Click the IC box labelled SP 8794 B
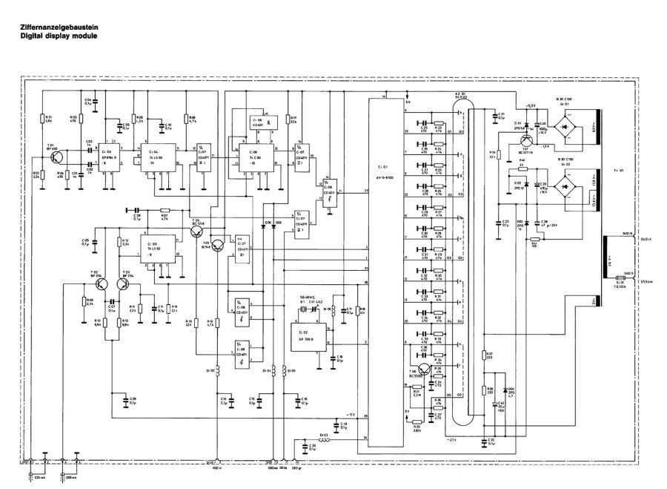pos(113,157)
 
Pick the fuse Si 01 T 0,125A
pos(619,280)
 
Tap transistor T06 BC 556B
pos(423,369)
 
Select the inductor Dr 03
pos(325,439)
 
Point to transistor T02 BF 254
pos(104,283)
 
